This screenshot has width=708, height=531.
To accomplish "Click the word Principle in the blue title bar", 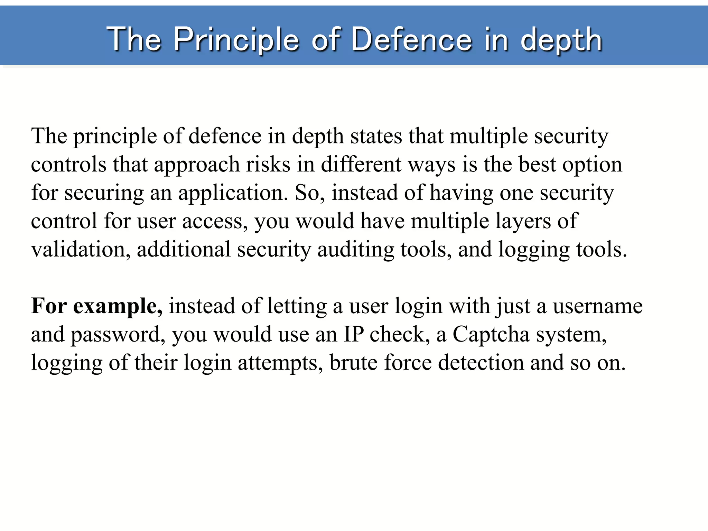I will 236,40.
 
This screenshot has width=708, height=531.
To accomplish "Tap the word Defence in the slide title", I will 411,40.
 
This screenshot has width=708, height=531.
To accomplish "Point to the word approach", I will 197,165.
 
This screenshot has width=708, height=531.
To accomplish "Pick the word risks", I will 268,164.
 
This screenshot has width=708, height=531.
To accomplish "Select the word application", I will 233,193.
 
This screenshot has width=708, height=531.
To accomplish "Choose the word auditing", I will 356,250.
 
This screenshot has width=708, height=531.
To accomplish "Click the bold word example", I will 118,307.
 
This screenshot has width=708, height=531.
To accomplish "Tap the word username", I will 598,306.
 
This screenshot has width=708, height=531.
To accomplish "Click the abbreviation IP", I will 353,334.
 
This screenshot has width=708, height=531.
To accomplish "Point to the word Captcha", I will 491,335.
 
